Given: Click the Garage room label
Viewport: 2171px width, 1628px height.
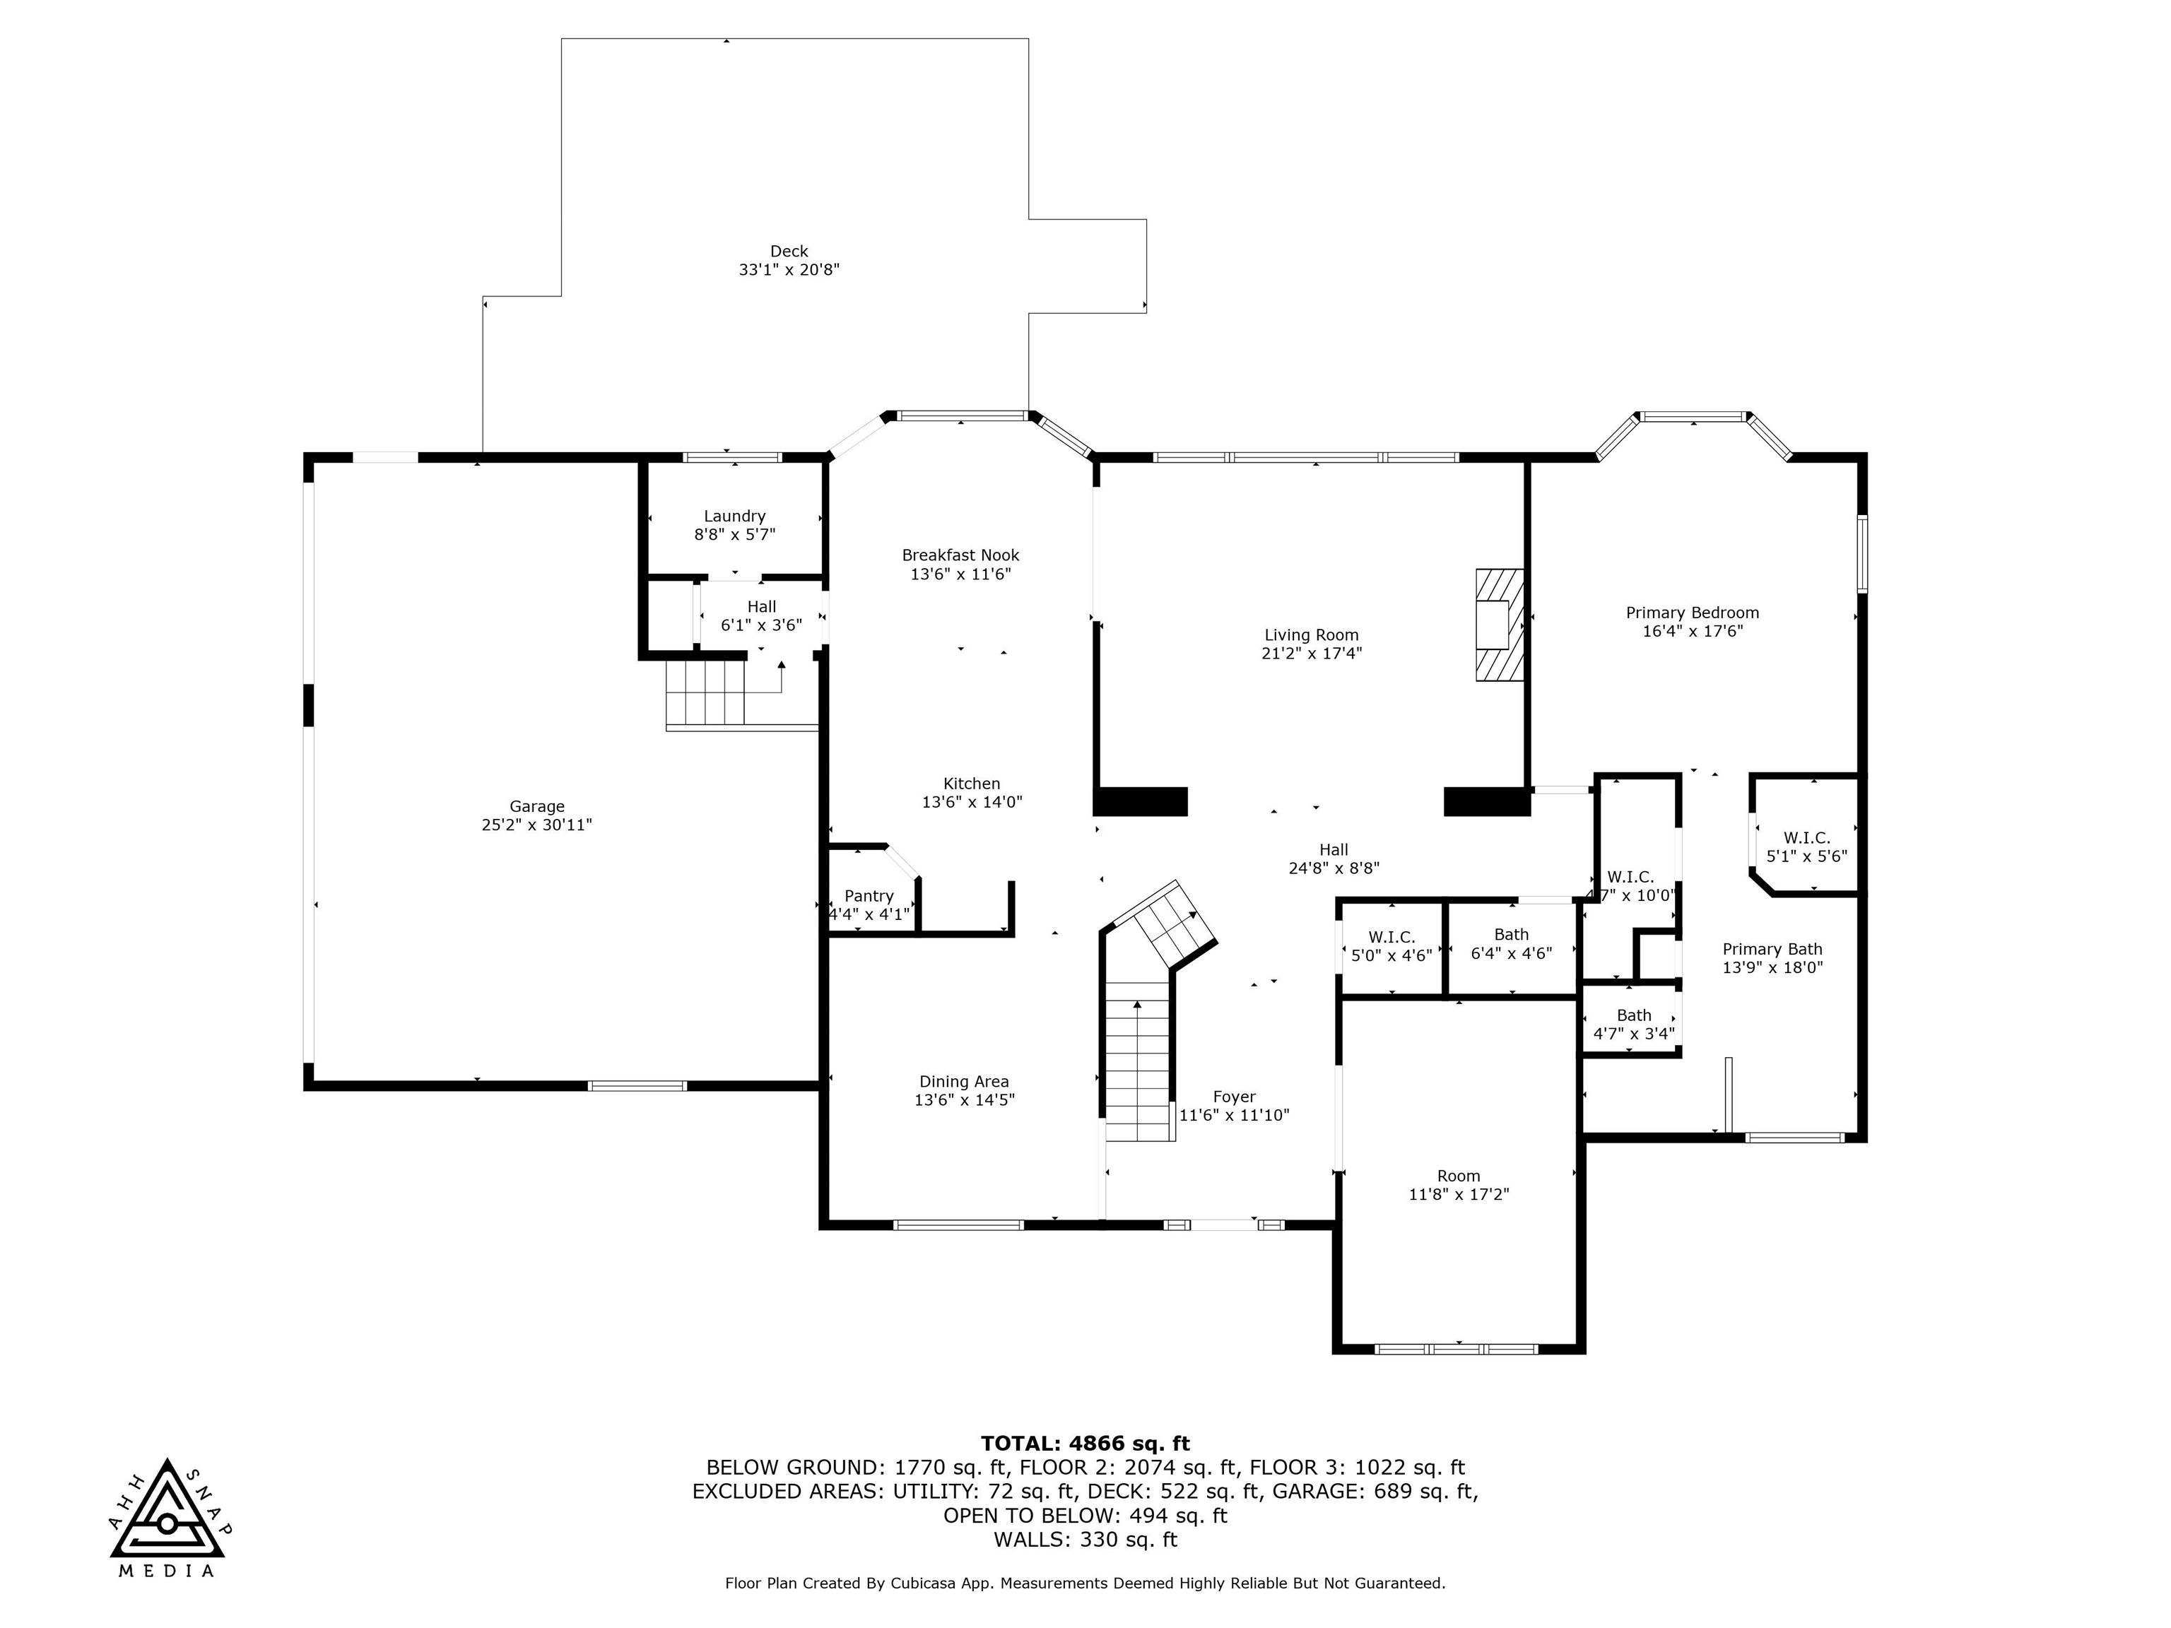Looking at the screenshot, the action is (537, 807).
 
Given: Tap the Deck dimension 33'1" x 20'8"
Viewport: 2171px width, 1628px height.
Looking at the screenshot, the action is (789, 269).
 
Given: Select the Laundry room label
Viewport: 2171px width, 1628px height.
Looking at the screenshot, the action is (734, 517).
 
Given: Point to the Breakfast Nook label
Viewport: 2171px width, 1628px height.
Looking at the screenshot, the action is (961, 555).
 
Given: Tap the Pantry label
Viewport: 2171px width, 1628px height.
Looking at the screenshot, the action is (869, 896).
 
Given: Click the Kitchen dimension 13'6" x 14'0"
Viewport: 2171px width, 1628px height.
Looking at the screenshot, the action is (972, 802).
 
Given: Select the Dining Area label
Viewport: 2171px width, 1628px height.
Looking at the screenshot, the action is (964, 1081).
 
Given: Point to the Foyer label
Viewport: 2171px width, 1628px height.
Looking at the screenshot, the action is (1234, 1097).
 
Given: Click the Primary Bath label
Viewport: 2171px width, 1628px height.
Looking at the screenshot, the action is (1772, 949).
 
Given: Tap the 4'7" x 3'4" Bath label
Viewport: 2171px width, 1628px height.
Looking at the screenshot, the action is (1634, 1015).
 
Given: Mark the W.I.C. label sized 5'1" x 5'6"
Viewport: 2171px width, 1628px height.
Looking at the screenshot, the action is (1807, 837).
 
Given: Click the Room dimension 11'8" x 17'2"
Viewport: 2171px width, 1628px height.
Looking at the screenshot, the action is (1459, 1194).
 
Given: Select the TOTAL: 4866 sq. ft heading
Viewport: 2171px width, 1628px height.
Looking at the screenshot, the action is (1085, 1444).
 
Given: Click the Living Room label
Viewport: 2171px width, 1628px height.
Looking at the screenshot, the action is (1311, 635).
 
